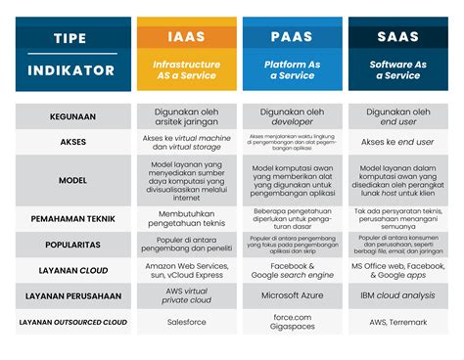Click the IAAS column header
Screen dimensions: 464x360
coord(186,37)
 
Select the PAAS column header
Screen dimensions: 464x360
coord(292,37)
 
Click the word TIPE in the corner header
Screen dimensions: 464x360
coord(70,38)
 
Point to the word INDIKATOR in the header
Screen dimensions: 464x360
coord(70,70)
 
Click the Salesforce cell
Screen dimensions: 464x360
coord(186,321)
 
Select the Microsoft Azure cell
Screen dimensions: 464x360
coord(292,295)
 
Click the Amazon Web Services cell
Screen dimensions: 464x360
coord(186,270)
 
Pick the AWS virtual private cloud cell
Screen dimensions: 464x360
coord(186,295)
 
